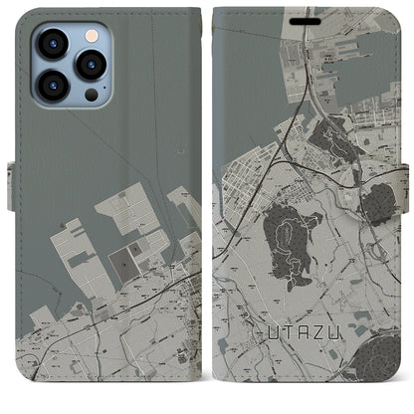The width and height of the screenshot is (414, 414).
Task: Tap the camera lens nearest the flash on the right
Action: [92, 66]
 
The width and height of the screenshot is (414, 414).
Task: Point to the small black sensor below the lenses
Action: [92, 96]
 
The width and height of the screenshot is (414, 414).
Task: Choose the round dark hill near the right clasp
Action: [377, 205]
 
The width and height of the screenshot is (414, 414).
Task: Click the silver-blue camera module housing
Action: [71, 65]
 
